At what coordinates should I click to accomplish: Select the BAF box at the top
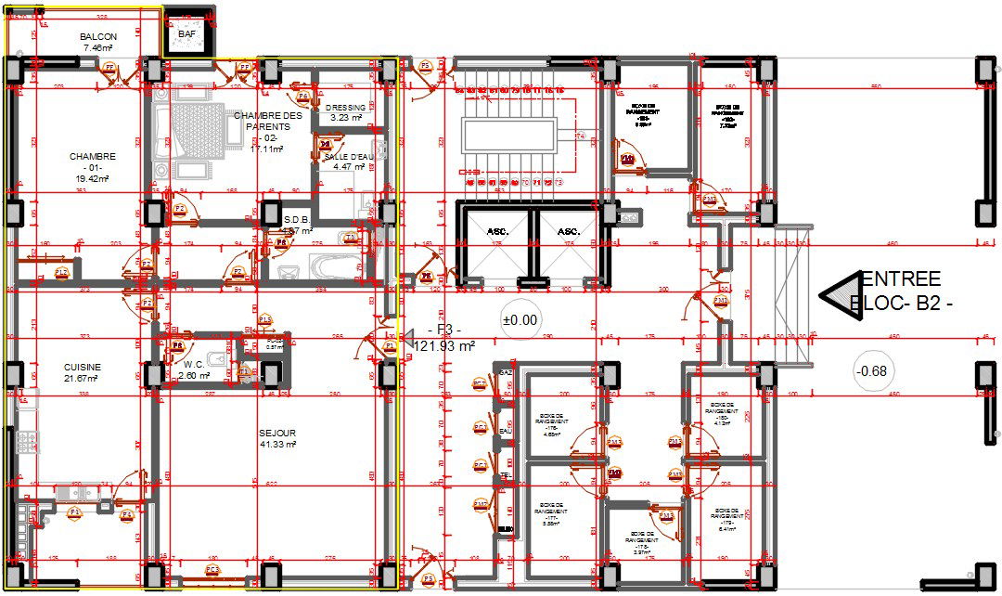pyautogui.click(x=187, y=34)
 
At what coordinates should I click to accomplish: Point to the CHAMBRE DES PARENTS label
pyautogui.click(x=267, y=126)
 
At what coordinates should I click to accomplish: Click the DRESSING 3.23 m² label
pyautogui.click(x=346, y=112)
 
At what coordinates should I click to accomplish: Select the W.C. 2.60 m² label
pyautogui.click(x=195, y=369)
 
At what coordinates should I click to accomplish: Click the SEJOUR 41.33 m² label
pyautogui.click(x=277, y=438)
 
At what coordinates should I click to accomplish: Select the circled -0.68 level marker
pyautogui.click(x=873, y=371)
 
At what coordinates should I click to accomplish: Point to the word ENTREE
pyautogui.click(x=900, y=279)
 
